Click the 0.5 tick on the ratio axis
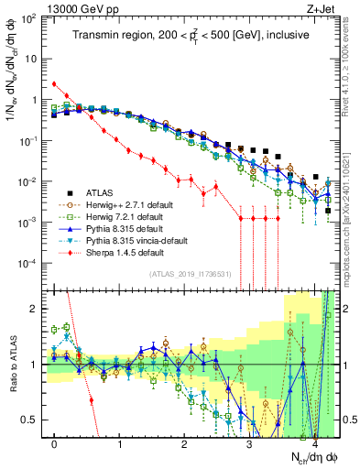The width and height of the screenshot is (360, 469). (x=33, y=420)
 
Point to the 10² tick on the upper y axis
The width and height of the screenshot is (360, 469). (x=29, y=17)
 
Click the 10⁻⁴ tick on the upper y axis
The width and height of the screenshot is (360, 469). (x=29, y=263)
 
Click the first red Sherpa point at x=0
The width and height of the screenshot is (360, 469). (x=55, y=84)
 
